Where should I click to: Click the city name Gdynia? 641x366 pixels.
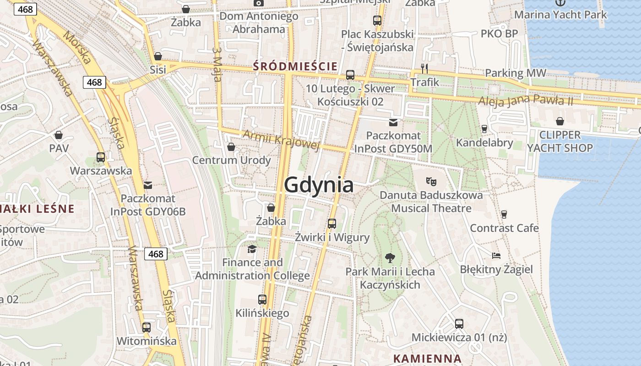coord(319,185)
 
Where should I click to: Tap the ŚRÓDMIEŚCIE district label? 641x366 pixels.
coord(295,67)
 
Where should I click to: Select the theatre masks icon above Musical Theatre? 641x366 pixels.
coord(431,181)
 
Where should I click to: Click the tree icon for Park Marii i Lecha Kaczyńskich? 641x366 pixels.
coord(390,258)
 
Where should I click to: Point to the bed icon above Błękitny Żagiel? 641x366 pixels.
coord(496,255)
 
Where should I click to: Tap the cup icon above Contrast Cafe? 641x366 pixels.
coord(504,214)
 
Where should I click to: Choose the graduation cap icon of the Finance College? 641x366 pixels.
coord(252,249)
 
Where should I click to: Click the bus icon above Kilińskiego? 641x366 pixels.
coord(262,300)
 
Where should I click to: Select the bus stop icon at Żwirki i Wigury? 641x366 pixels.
coord(332,224)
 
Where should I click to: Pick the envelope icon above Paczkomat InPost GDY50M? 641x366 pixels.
coord(393,122)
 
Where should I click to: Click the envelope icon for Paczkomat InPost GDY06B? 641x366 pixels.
coord(147,185)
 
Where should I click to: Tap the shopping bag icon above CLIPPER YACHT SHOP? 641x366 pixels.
coord(560,121)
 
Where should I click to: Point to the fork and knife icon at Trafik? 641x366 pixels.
coord(424,69)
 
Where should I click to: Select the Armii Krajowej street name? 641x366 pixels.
coord(280,140)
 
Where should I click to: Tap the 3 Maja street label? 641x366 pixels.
coord(217,63)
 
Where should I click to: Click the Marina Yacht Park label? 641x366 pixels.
coord(560,15)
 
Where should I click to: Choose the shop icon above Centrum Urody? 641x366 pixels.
coord(231,147)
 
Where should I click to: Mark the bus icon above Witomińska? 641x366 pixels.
coord(147,328)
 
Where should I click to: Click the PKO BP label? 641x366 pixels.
coord(499,34)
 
